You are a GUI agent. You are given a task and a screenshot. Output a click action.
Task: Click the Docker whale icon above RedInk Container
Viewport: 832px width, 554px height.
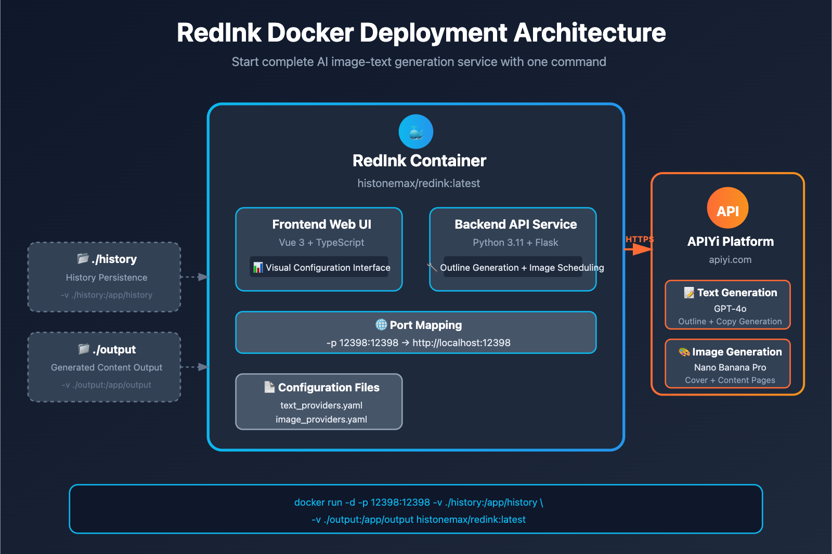click(x=415, y=132)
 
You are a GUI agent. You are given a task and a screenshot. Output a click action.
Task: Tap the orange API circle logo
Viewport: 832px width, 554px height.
click(x=727, y=208)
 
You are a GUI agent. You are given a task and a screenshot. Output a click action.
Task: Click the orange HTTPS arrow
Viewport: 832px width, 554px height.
click(x=638, y=249)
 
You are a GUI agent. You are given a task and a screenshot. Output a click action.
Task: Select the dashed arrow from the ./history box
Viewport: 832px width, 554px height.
click(x=194, y=277)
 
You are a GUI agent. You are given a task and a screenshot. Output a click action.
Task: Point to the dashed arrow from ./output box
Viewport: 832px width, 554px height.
click(x=194, y=367)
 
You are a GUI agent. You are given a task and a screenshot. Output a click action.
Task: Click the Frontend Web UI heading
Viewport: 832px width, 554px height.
click(x=321, y=225)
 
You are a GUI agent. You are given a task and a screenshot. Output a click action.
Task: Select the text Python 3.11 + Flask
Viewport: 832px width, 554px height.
click(x=515, y=243)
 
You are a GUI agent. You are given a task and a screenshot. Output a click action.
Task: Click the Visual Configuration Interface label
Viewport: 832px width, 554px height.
click(x=328, y=268)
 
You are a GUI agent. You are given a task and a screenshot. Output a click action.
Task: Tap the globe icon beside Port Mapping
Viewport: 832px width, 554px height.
click(x=381, y=325)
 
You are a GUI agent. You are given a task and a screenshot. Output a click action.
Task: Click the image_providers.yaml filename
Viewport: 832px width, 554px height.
click(x=321, y=419)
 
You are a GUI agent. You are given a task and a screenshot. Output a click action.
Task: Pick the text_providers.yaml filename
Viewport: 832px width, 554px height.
click(x=321, y=405)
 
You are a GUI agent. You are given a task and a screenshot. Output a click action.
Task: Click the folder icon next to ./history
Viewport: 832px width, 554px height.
click(x=83, y=258)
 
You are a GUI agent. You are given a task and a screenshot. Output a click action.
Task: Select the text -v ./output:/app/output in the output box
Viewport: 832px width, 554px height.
click(x=106, y=385)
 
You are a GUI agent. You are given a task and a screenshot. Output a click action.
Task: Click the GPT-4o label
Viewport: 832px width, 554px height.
click(x=730, y=309)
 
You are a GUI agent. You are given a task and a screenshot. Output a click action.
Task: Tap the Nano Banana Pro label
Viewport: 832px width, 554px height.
click(x=730, y=367)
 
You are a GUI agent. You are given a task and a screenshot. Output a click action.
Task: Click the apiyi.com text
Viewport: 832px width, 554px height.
click(x=730, y=260)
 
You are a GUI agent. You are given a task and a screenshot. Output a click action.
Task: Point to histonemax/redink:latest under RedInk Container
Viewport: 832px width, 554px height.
click(x=419, y=183)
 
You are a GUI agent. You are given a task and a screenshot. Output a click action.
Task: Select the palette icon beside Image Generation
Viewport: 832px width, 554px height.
click(x=684, y=352)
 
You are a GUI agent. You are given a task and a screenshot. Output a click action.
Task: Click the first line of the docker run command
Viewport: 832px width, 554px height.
click(x=418, y=503)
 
